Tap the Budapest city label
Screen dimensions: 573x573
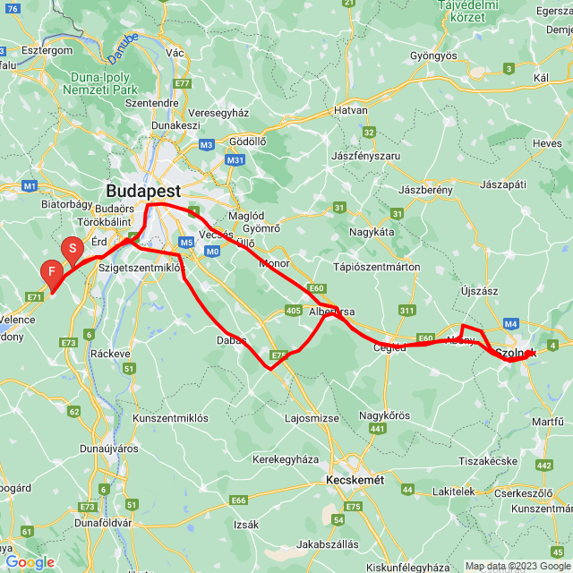(143, 191)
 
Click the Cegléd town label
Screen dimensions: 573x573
(389, 348)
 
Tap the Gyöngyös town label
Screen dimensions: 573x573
(433, 56)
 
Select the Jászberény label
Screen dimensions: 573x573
(425, 190)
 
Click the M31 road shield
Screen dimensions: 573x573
(235, 160)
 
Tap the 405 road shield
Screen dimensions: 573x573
(294, 310)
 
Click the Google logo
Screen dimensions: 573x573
(30, 561)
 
